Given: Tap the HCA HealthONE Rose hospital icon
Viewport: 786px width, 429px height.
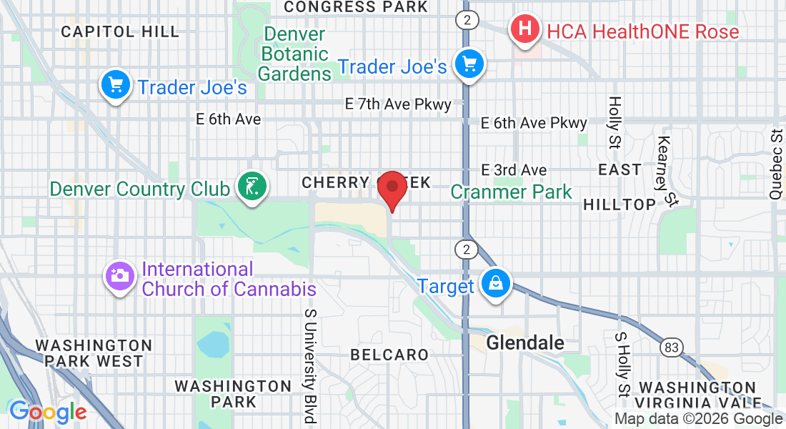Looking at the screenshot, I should (x=525, y=31).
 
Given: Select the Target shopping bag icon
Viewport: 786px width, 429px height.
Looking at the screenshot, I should (x=495, y=285).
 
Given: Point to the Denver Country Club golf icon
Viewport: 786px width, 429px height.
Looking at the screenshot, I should (x=251, y=188).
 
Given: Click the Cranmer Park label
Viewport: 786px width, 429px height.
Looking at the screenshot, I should (x=511, y=192).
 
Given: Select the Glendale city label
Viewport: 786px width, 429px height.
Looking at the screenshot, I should (x=524, y=343).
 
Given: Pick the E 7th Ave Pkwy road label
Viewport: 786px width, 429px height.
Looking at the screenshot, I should (x=398, y=104).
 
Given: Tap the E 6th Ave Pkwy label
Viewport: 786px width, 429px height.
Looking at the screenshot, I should (x=534, y=123).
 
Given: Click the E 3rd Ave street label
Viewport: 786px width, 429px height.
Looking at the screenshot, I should (x=514, y=170).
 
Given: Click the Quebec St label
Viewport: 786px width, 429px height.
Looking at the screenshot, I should (x=777, y=164).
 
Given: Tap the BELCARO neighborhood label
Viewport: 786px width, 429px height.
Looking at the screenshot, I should (x=389, y=355).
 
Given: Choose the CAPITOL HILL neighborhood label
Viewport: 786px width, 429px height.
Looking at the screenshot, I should (x=120, y=31).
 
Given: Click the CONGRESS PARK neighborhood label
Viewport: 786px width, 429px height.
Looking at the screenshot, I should (x=355, y=7).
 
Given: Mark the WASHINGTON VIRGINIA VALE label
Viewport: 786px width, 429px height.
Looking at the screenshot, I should (x=697, y=395).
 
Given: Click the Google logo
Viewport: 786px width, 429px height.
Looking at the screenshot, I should (x=48, y=412).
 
